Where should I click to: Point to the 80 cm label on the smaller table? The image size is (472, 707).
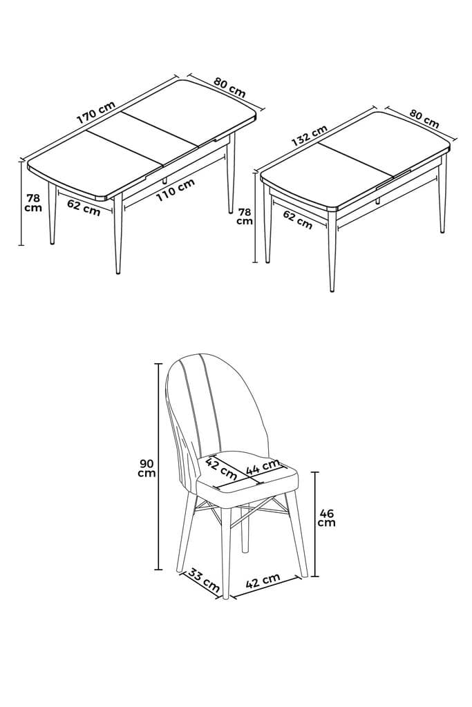424,118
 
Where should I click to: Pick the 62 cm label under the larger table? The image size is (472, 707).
84,206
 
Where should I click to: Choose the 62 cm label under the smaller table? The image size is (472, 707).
298,220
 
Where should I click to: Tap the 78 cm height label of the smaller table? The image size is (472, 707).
245,216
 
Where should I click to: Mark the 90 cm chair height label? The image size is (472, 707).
146,467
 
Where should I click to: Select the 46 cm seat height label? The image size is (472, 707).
327,517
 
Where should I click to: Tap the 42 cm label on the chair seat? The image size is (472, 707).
222,468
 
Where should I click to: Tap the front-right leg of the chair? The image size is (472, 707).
299,539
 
